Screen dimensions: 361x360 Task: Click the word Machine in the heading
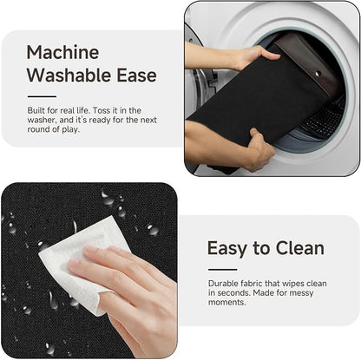(62, 52)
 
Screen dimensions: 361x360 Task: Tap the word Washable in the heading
(69, 75)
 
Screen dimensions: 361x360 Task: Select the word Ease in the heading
(136, 75)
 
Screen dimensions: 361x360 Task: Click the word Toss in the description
(102, 110)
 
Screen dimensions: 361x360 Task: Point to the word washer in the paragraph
(42, 120)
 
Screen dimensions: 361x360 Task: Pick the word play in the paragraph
(70, 129)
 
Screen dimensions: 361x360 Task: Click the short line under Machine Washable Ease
(42, 96)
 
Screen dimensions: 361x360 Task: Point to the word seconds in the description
(234, 293)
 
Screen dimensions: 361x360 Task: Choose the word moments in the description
(227, 303)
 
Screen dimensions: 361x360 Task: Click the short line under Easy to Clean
(222, 270)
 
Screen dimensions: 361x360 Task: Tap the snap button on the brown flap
(318, 74)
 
